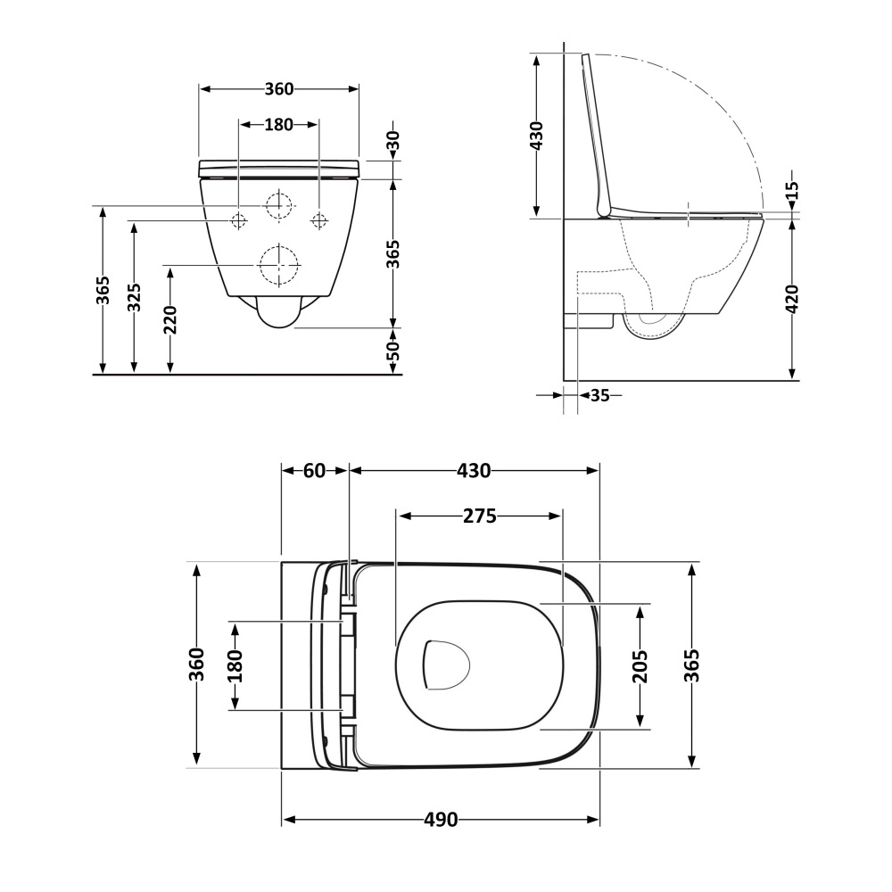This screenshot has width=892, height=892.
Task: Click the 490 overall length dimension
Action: tap(441, 820)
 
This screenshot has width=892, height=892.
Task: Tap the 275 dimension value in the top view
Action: tap(480, 516)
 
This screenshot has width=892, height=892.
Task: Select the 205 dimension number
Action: tap(640, 666)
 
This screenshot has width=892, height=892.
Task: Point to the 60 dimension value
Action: tap(315, 470)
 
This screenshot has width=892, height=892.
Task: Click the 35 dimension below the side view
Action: tap(599, 395)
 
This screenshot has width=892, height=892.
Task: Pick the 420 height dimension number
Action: tap(791, 299)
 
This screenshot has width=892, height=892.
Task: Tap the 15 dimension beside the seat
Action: tap(791, 190)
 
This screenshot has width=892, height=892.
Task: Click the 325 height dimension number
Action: tap(134, 296)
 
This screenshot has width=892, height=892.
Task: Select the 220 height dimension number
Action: tap(169, 319)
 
